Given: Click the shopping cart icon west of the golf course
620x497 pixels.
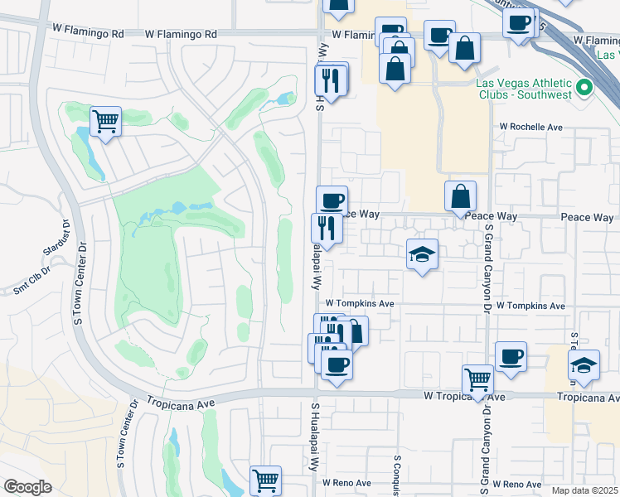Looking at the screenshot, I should [x=106, y=122].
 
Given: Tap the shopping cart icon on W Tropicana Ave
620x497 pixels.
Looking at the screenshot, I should [x=478, y=381].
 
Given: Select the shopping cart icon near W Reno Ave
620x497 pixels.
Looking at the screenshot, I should [x=265, y=480].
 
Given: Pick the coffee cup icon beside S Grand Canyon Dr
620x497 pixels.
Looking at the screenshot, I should [x=511, y=357].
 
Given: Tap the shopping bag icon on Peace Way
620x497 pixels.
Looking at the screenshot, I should [x=460, y=196].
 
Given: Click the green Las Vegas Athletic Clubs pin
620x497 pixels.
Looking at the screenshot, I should [x=584, y=86].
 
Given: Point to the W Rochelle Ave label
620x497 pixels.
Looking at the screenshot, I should [x=530, y=128].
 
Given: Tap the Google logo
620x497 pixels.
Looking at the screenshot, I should [x=27, y=486].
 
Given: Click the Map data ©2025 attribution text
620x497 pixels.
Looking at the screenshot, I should [x=584, y=490].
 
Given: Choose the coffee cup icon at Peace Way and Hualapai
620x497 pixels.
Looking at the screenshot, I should [x=332, y=200].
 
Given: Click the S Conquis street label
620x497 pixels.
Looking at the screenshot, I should [x=397, y=476].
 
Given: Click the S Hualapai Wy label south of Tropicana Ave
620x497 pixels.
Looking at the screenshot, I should [x=315, y=439].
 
